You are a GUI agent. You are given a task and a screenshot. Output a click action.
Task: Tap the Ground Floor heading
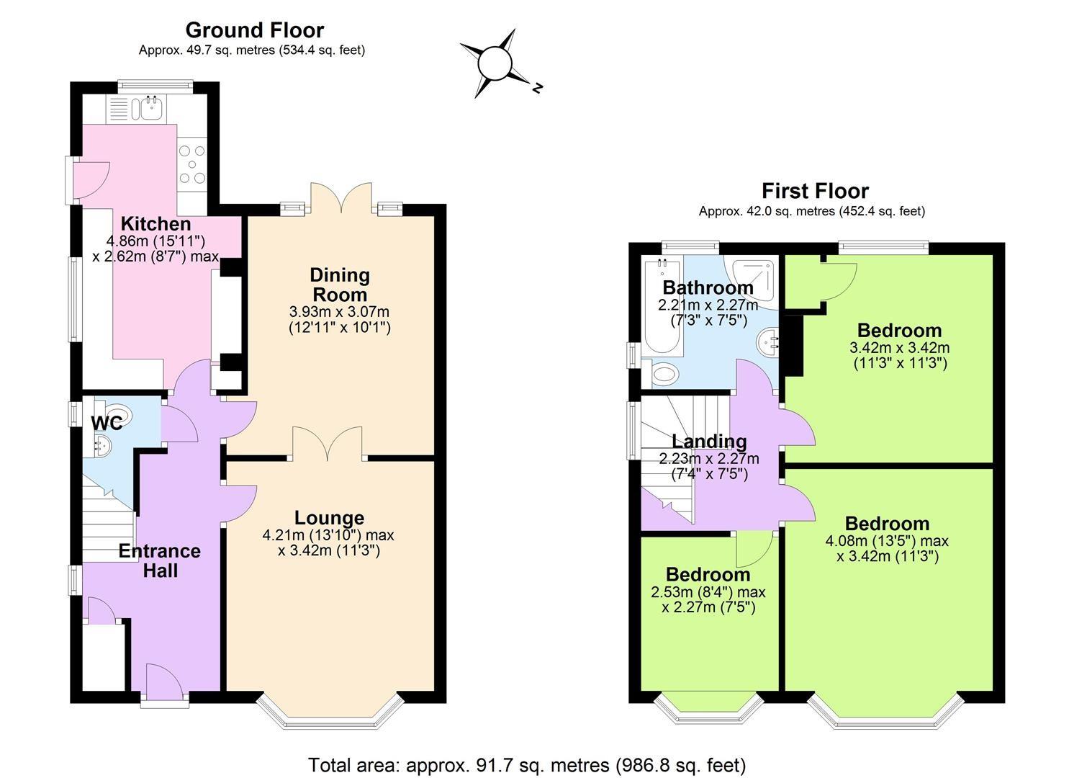(x=254, y=30)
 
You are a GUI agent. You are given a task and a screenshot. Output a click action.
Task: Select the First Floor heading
(x=815, y=191)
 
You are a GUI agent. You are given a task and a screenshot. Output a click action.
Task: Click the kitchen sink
(x=152, y=109)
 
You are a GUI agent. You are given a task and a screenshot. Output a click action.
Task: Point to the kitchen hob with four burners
(x=192, y=164)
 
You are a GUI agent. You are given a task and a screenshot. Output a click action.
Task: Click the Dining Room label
(x=340, y=285)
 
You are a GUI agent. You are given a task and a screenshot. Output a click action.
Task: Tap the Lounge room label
(x=329, y=518)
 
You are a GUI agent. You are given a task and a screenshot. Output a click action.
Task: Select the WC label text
(x=106, y=424)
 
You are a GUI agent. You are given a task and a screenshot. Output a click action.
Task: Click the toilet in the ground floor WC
(x=119, y=416)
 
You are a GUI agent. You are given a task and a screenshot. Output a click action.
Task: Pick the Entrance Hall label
(x=159, y=560)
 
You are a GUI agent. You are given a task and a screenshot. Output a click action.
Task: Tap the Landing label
(x=709, y=441)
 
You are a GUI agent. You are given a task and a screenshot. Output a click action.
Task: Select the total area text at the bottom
(x=527, y=764)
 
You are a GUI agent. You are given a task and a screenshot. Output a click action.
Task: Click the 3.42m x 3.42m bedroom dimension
(x=899, y=347)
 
